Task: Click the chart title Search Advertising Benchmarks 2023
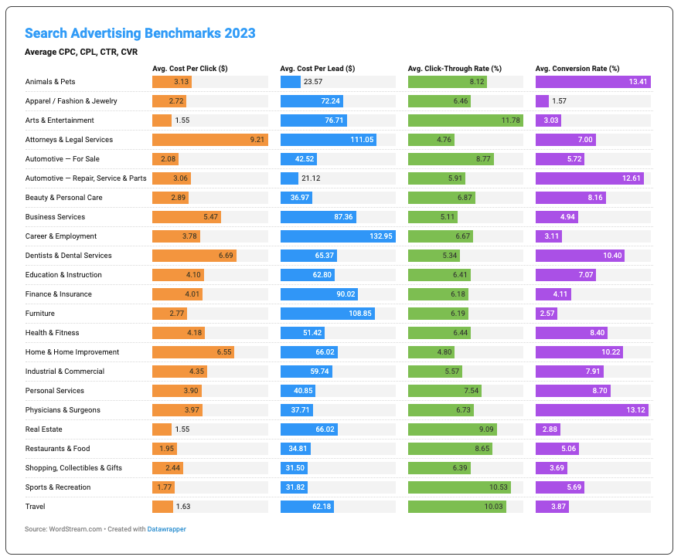click(140, 34)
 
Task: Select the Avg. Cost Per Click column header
click(189, 69)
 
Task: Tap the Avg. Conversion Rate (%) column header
click(577, 69)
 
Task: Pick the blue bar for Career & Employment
click(338, 236)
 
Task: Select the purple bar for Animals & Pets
click(592, 82)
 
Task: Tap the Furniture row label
click(39, 314)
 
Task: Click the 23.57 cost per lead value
click(313, 82)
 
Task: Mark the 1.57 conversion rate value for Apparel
click(560, 101)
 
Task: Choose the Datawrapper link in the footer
click(168, 529)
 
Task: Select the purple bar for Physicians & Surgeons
click(591, 410)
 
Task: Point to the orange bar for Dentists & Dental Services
click(194, 256)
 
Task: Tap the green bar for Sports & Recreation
click(459, 487)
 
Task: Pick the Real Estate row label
click(43, 429)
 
